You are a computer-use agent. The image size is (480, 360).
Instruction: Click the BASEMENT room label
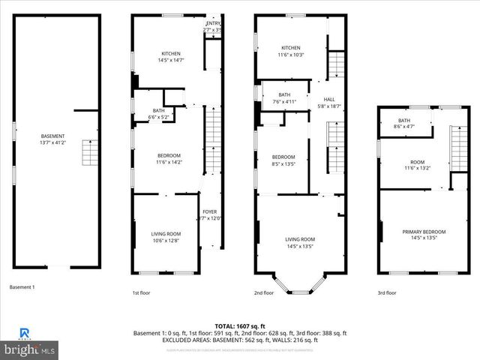click(58, 136)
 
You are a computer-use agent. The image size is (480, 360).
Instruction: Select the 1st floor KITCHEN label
click(172, 53)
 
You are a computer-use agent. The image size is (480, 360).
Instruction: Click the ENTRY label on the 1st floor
click(214, 23)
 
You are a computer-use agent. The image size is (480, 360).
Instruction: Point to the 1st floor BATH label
click(159, 110)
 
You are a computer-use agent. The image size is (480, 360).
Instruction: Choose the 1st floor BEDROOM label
click(168, 155)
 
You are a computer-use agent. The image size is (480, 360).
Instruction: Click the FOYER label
click(210, 211)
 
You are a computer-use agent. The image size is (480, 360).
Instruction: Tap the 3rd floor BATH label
click(404, 121)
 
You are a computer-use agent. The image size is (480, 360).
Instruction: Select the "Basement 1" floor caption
click(22, 286)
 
